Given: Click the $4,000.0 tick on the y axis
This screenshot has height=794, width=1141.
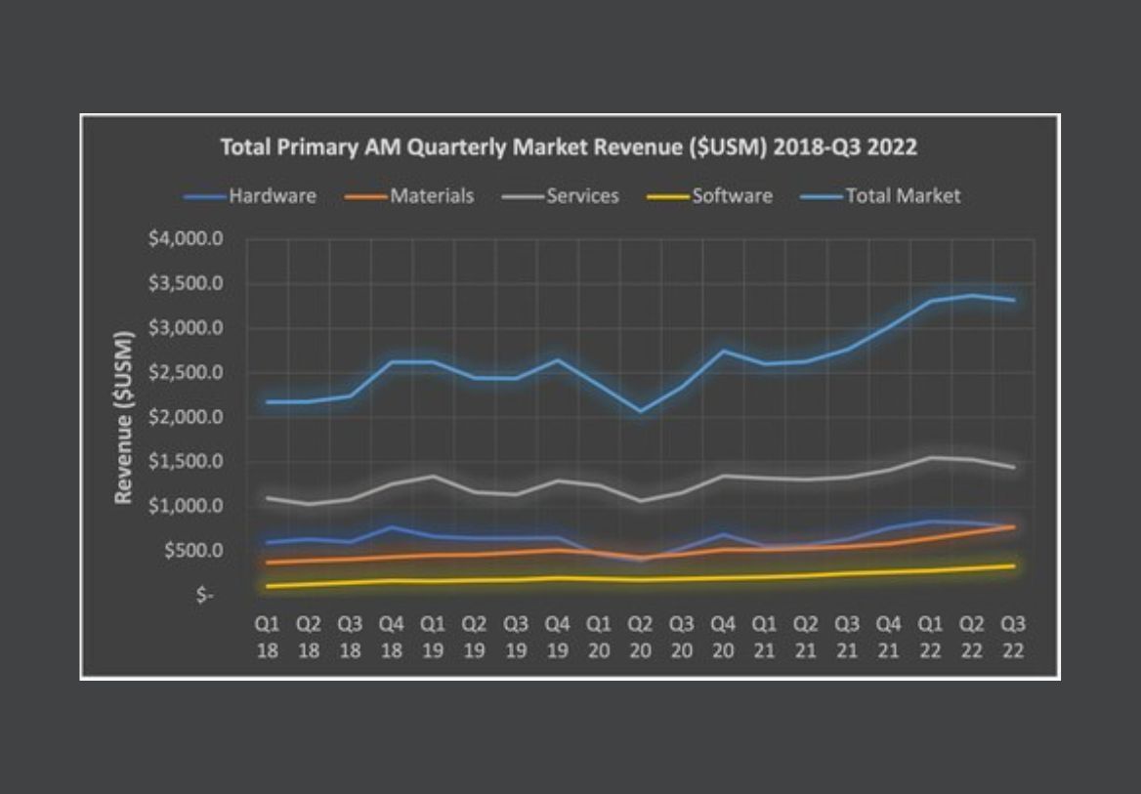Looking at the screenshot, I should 186,239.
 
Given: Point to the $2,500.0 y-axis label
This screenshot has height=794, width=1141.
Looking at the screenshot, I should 186,373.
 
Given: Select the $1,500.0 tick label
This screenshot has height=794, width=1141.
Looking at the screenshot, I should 186,462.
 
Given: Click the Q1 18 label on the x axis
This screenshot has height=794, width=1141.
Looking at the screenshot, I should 268,636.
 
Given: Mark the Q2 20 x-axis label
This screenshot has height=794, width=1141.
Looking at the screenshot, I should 640,636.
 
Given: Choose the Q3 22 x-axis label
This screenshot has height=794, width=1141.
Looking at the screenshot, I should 1013,636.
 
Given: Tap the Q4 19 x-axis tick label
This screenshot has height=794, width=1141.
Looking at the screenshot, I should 557,636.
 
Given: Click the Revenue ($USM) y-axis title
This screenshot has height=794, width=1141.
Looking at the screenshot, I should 124,418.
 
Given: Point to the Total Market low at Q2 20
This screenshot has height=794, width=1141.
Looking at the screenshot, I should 640,410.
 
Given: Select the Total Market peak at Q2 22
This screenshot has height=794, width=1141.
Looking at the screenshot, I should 972,295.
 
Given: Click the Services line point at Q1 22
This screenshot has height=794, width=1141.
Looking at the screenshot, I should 931,457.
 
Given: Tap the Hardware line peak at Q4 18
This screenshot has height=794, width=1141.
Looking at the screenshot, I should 392,526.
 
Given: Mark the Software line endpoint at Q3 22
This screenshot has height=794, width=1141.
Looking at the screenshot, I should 1013,565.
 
